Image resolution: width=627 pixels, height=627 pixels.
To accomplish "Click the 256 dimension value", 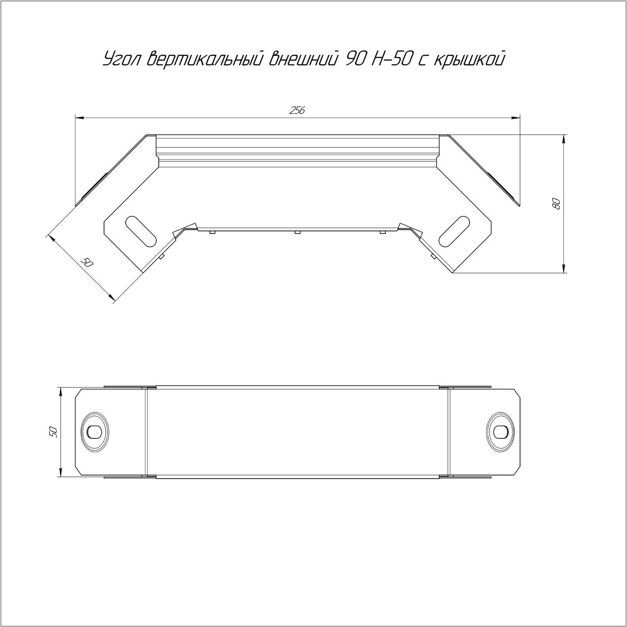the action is point(297,111).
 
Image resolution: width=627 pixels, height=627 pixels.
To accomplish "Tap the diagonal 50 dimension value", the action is point(87,262).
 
